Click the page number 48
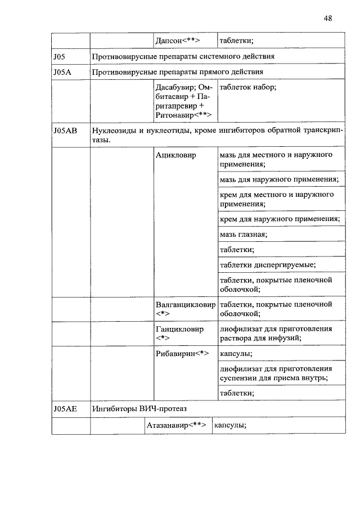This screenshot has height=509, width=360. click(x=328, y=18)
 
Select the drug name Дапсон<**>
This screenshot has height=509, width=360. click(x=178, y=40)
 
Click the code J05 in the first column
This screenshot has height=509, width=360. click(x=60, y=56)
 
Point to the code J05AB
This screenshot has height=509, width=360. click(x=65, y=130)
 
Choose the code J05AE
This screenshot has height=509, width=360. click(x=65, y=409)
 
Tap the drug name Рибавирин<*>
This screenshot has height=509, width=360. click(x=182, y=354)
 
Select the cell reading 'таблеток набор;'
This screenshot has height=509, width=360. click(x=247, y=88)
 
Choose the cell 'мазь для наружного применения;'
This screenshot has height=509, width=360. click(x=279, y=179)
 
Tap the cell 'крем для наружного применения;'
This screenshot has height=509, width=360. click(x=280, y=219)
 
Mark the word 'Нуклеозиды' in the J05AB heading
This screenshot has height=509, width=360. click(x=116, y=130)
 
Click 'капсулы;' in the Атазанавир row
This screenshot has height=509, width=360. click(x=231, y=425)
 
